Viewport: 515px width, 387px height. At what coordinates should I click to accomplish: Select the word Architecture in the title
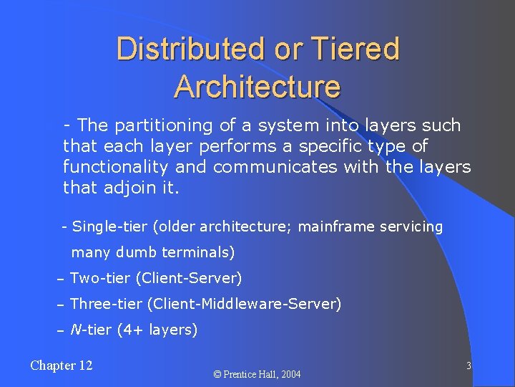[x=257, y=87]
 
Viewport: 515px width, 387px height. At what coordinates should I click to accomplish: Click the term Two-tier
[x=100, y=278]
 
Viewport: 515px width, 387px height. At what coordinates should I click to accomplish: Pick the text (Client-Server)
[x=189, y=278]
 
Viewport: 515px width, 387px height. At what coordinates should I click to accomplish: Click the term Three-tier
[x=107, y=304]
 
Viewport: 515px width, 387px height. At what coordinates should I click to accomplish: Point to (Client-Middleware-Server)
[x=245, y=304]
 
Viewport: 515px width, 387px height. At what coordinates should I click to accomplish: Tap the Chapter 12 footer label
[x=62, y=366]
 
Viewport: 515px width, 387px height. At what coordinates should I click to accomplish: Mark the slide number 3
[x=469, y=366]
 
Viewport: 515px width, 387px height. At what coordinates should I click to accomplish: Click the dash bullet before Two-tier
[x=61, y=279]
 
